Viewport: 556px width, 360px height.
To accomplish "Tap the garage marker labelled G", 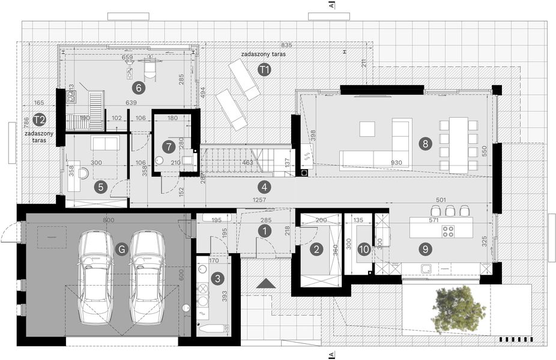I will pyautogui.click(x=122, y=249).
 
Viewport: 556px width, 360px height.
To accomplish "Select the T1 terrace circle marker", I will pyautogui.click(x=264, y=70).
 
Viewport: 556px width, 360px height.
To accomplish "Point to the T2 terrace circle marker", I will pyautogui.click(x=40, y=119).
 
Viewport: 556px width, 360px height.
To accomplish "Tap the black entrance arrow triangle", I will pyautogui.click(x=265, y=283).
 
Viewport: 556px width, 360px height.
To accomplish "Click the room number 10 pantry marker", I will pyautogui.click(x=364, y=248).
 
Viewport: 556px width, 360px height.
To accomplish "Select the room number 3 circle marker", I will pyautogui.click(x=218, y=278).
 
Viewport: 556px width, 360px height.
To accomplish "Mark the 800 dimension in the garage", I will pyautogui.click(x=108, y=220).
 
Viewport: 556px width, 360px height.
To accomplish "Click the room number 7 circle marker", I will pyautogui.click(x=169, y=145).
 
